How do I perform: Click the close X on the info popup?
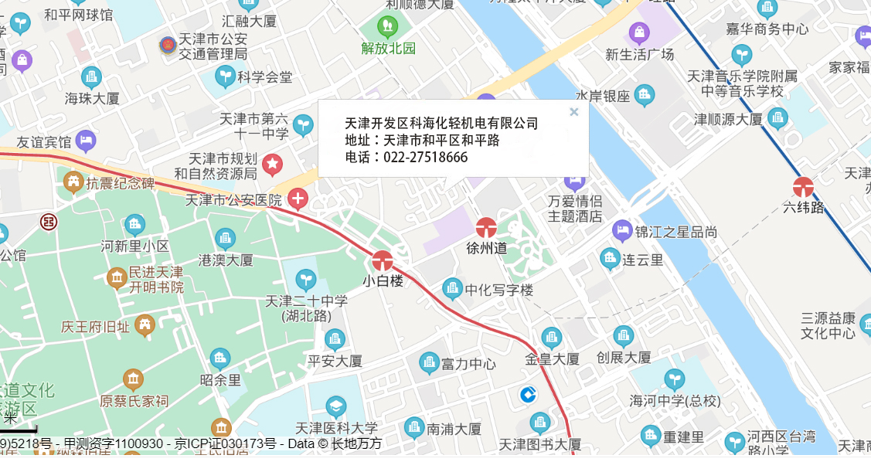pyautogui.click(x=573, y=112)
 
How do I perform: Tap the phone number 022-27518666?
pyautogui.click(x=420, y=158)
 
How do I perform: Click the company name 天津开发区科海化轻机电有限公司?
pyautogui.click(x=441, y=124)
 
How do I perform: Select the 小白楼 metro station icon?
pyautogui.click(x=383, y=261)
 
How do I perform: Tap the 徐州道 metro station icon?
pyautogui.click(x=486, y=228)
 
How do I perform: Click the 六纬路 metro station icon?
pyautogui.click(x=803, y=187)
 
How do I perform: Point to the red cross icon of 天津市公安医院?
pyautogui.click(x=298, y=199)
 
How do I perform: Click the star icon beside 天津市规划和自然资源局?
pyautogui.click(x=272, y=163)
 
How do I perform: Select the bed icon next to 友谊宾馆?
pyautogui.click(x=86, y=141)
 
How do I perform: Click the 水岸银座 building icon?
pyautogui.click(x=644, y=96)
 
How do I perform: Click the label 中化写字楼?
pyautogui.click(x=498, y=290)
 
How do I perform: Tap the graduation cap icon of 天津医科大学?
pyautogui.click(x=335, y=407)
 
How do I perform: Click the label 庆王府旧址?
pyautogui.click(x=95, y=327)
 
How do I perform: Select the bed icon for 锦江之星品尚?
pyautogui.click(x=622, y=231)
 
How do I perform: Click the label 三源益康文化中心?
pyautogui.click(x=828, y=325)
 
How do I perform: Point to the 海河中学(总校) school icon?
pyautogui.click(x=675, y=379)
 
